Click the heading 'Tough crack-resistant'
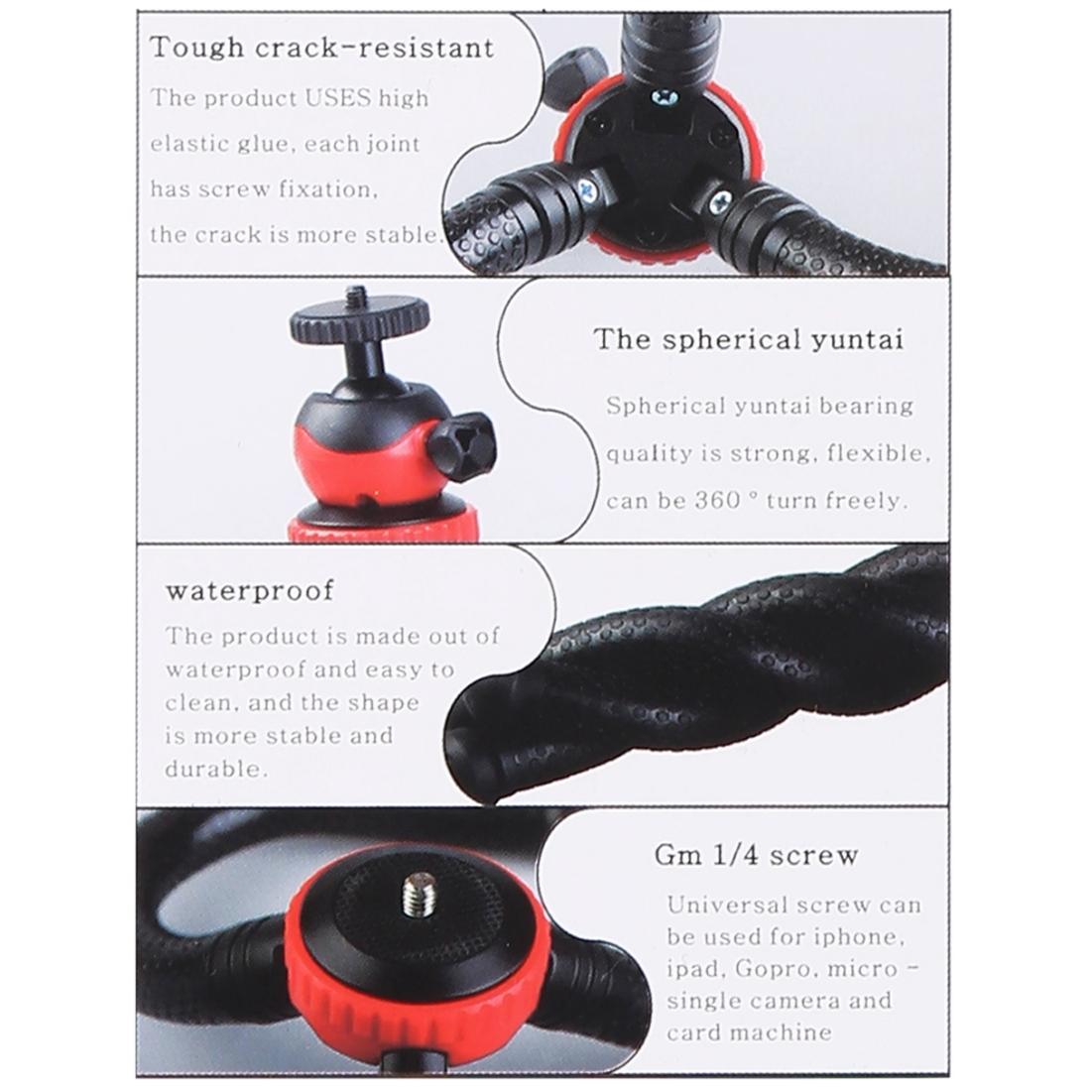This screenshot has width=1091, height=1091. tap(321, 47)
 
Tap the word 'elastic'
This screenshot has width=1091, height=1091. tap(187, 144)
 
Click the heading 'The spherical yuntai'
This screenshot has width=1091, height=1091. tap(749, 339)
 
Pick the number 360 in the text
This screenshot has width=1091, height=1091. tap(713, 500)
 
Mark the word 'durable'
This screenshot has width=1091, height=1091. tap(202, 769)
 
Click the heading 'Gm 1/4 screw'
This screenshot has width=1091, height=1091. tap(756, 854)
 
